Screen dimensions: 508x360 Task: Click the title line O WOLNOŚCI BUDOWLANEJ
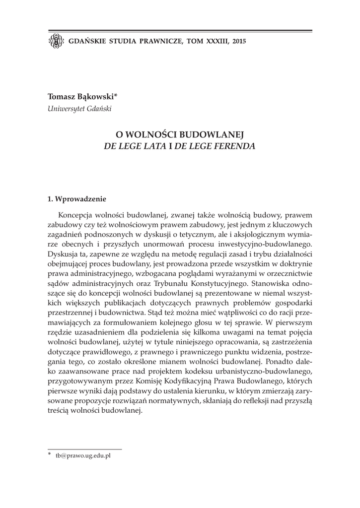(180, 134)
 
